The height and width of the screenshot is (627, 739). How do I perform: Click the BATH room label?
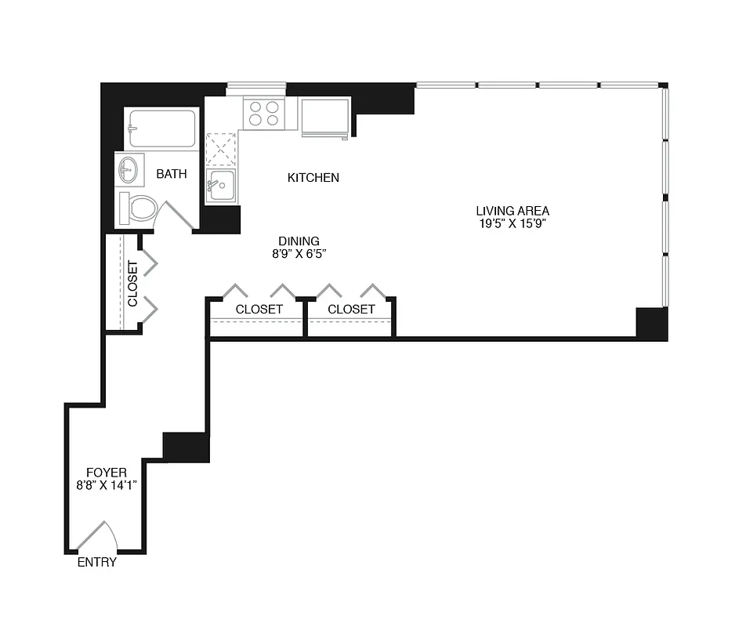point(172,174)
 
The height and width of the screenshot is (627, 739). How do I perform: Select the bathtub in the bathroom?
point(162,129)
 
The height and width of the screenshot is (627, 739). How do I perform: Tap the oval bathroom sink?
point(129,169)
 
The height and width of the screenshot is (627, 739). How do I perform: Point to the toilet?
point(139,208)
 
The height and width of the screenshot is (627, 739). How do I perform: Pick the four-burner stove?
point(263,114)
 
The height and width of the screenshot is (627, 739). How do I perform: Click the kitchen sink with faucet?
point(220,187)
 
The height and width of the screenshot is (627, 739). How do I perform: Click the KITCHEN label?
point(313,178)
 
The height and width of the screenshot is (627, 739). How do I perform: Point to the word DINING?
point(299,241)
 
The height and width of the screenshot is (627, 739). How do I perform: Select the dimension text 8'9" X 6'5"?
point(299,254)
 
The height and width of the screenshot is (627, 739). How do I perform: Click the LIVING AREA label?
point(513,210)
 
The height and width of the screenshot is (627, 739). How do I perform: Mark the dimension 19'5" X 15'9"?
point(513,223)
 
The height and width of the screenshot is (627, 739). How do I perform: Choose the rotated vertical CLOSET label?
point(132,284)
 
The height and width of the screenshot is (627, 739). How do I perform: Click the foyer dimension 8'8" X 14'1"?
point(107,485)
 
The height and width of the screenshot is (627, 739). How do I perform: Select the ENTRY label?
point(97,563)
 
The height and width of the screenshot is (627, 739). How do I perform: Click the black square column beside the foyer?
point(187,447)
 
